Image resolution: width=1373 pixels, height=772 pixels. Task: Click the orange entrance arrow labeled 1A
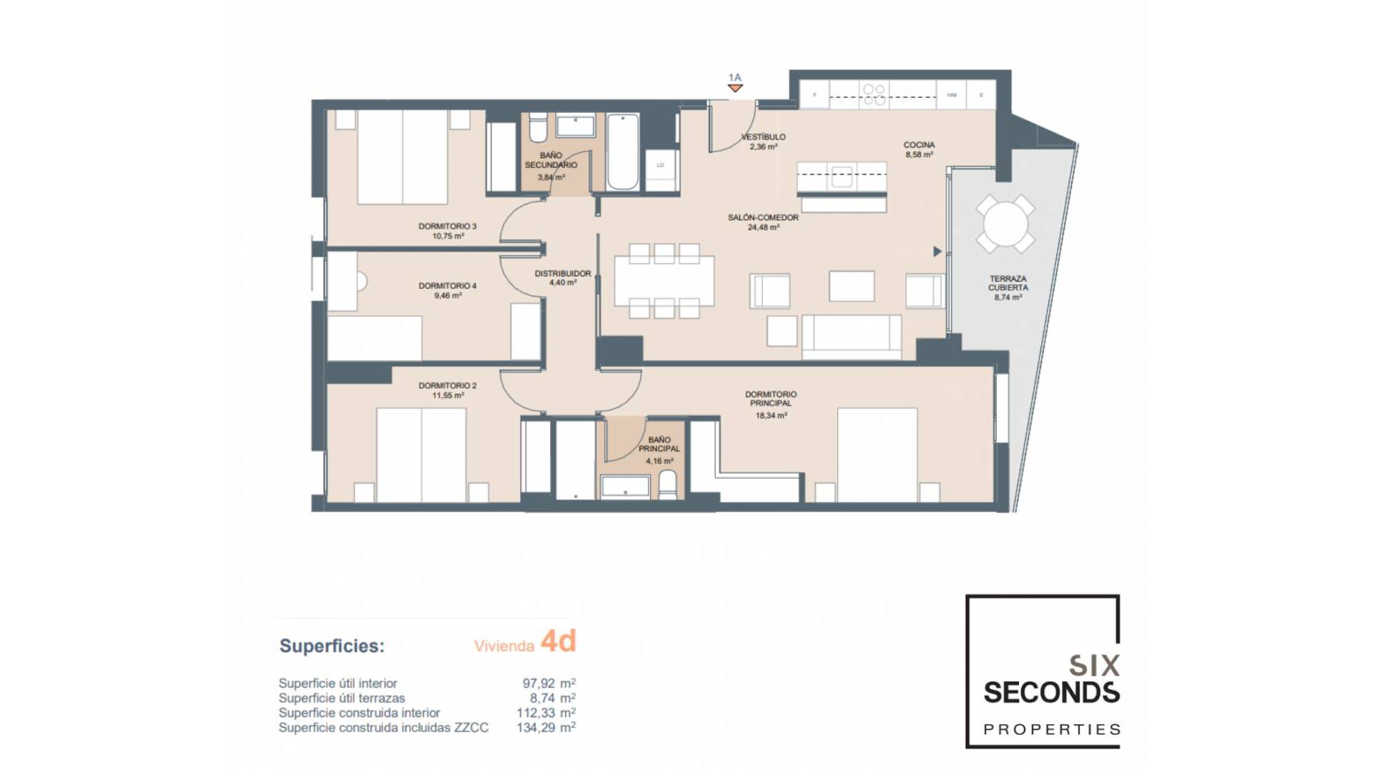[735, 88]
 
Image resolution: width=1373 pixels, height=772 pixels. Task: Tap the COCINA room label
[919, 145]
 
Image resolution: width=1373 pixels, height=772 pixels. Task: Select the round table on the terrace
[1005, 224]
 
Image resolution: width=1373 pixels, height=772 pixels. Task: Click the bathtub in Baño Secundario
[623, 152]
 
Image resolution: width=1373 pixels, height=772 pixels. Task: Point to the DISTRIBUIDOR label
[563, 274]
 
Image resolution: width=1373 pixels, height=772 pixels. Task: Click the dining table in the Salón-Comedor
[664, 280]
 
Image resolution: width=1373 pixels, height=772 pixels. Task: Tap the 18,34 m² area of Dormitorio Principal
[771, 415]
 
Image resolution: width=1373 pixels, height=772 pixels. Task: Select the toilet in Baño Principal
[667, 483]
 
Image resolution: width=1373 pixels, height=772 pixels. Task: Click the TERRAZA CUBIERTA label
[1008, 283]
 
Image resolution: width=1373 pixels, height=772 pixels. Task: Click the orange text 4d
[558, 641]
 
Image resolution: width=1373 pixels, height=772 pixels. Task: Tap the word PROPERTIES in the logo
[1052, 730]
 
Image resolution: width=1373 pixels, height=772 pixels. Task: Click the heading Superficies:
[332, 646]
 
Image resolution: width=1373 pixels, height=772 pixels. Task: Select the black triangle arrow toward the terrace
[937, 252]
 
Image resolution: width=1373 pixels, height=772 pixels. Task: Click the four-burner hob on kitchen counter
[874, 94]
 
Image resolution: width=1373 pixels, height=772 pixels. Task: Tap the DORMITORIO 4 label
[447, 286]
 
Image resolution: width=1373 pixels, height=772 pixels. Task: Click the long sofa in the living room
[851, 337]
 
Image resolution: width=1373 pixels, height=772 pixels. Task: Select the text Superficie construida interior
[359, 713]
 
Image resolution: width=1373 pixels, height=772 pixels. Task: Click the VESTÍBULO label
[763, 137]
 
